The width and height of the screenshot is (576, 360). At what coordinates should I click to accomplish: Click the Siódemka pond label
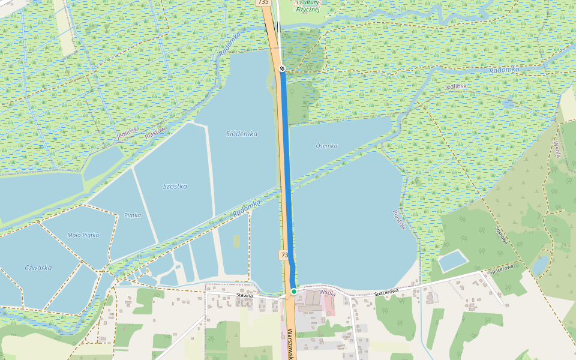[242, 134]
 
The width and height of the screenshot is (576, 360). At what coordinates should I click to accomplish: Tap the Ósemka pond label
[326, 146]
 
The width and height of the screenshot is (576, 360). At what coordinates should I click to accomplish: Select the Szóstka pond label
[175, 187]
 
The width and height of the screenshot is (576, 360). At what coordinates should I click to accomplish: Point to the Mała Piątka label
[83, 235]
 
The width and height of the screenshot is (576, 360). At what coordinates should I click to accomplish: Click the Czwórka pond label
[38, 268]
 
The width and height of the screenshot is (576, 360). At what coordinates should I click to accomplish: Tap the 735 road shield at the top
[263, 2]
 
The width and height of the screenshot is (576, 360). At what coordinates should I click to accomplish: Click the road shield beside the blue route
[283, 255]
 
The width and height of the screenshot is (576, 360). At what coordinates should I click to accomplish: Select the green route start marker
[294, 291]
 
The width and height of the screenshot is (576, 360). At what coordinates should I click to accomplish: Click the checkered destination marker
[281, 68]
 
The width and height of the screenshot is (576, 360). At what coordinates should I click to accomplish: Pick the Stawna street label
[245, 295]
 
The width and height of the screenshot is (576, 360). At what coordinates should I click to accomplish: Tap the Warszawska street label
[290, 344]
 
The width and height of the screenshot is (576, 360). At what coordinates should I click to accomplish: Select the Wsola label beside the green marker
[327, 292]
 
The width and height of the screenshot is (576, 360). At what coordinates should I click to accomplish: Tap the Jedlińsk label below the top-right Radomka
[456, 86]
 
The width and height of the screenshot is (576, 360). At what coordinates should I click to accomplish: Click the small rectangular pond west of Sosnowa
[453, 261]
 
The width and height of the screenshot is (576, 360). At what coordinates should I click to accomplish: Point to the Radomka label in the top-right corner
[503, 70]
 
